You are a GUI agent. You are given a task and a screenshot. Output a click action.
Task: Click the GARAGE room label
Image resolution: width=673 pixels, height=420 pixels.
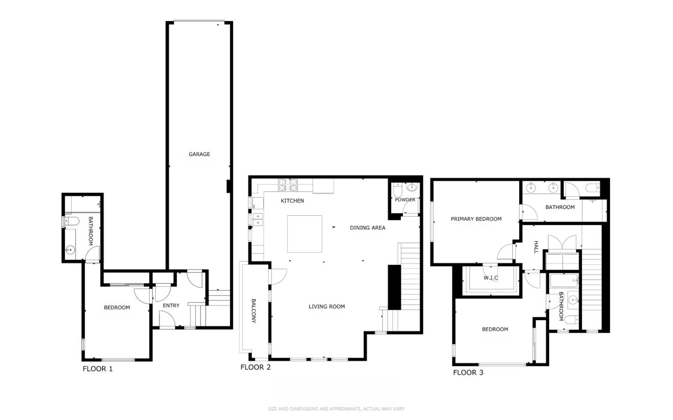tap(199, 154)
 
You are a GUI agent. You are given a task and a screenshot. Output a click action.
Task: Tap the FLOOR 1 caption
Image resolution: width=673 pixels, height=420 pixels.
tap(98, 369)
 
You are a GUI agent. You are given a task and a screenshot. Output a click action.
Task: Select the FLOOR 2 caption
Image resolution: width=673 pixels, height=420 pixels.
tap(256, 367)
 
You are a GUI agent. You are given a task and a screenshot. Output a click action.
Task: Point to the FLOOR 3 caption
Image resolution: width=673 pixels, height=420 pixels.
tap(468, 372)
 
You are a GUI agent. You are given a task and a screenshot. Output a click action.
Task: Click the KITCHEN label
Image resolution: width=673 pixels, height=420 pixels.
tap(293, 201)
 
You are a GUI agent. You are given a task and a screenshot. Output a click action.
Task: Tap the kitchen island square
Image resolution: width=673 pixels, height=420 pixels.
tap(305, 234)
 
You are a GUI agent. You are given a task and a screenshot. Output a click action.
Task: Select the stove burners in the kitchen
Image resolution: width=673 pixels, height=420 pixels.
tap(288, 185)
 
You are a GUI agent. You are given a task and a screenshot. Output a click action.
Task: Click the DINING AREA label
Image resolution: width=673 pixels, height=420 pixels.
tap(367, 228)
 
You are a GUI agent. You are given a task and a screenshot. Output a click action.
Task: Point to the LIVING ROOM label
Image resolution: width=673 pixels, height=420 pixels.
tap(327, 306)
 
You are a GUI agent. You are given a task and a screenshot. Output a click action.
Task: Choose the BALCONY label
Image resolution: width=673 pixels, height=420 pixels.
tap(254, 311)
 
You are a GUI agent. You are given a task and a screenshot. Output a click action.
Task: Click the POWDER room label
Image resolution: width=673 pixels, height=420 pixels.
tap(405, 199)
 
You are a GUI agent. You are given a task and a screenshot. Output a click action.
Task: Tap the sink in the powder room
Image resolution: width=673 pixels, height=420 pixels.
tap(412, 188)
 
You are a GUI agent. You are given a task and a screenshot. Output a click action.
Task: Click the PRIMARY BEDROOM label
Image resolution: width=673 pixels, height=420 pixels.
tap(476, 219)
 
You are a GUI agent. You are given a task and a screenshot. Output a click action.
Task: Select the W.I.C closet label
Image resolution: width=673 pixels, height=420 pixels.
tap(491, 278)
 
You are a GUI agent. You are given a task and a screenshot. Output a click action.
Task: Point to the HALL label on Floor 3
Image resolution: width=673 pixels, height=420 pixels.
tap(536, 247)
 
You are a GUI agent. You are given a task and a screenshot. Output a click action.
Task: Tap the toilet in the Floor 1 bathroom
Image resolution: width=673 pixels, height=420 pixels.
tap(72, 221)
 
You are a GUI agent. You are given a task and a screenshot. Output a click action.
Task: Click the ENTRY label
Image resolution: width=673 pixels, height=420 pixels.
tap(171, 306)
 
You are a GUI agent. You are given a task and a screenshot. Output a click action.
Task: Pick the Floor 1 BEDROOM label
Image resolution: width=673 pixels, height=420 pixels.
tap(117, 307)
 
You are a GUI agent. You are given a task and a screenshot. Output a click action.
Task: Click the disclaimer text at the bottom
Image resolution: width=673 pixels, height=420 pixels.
tap(336, 409)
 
